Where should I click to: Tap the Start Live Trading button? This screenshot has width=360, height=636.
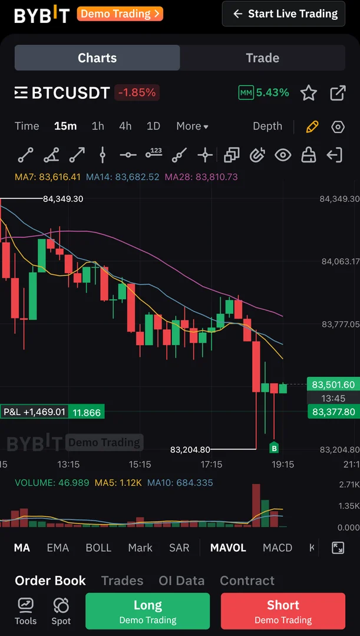click(x=283, y=14)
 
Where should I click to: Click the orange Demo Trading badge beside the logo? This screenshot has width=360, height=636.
click(x=120, y=14)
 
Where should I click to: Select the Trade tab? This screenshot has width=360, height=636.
click(x=262, y=58)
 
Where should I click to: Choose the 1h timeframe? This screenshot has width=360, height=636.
click(x=98, y=126)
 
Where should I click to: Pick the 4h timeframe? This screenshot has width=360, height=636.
click(x=125, y=126)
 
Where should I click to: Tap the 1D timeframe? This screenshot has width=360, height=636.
click(x=153, y=126)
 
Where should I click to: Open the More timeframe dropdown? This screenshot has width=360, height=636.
click(x=192, y=126)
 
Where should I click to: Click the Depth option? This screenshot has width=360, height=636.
click(x=267, y=126)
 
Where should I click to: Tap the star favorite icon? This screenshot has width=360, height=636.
click(x=309, y=93)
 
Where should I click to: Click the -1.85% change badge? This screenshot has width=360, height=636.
click(x=137, y=92)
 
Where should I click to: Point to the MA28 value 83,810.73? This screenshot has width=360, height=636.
click(x=201, y=177)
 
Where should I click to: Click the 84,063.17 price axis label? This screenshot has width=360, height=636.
click(x=339, y=261)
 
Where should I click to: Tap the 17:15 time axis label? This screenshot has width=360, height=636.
click(x=211, y=464)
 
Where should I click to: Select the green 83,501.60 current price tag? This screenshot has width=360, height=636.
click(x=333, y=385)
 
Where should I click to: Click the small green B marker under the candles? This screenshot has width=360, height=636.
click(x=274, y=449)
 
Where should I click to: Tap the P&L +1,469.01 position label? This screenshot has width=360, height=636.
click(x=34, y=412)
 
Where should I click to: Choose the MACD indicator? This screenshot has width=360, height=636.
click(x=278, y=548)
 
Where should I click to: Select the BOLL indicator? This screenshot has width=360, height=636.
click(x=98, y=548)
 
